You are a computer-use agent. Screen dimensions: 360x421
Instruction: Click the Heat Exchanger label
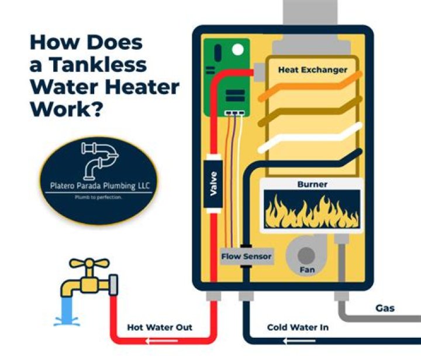(x=312, y=70)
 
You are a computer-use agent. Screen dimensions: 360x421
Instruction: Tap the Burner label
(x=312, y=184)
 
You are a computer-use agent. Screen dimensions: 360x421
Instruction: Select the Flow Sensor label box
(x=246, y=256)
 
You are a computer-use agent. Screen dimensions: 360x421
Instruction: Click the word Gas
(x=385, y=308)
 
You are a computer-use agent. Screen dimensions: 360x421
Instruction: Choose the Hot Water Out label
(x=160, y=327)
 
